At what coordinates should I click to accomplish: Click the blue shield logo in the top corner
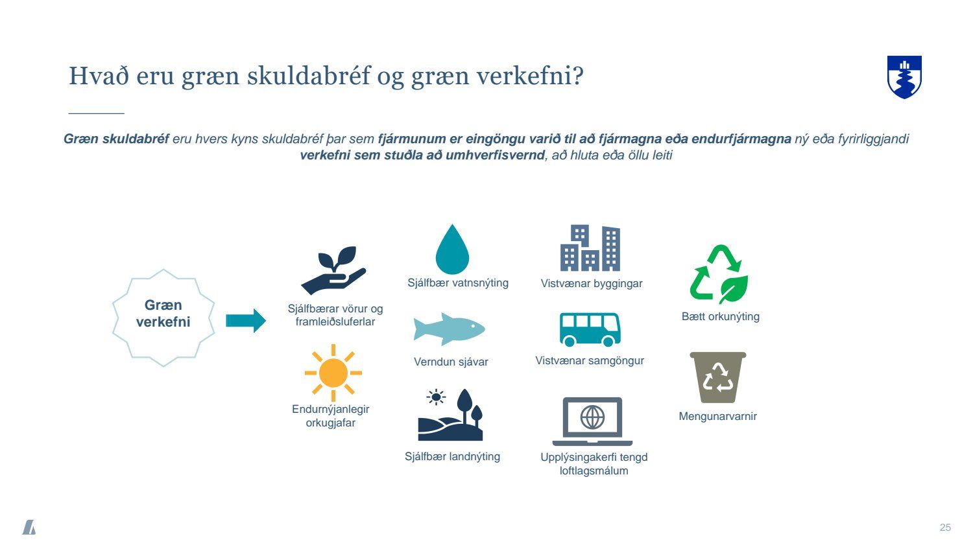click(x=904, y=77)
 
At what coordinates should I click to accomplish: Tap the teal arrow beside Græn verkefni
click(x=246, y=321)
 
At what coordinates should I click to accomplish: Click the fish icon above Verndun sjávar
click(x=449, y=329)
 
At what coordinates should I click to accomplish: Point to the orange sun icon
click(x=333, y=373)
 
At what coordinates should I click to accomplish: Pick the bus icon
click(x=590, y=329)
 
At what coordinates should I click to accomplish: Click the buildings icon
click(x=590, y=248)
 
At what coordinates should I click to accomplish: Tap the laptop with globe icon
click(x=592, y=421)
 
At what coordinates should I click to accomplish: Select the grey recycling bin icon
click(x=718, y=377)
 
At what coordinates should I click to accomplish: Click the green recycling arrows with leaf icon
click(x=719, y=274)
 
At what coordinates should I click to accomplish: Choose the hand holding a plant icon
click(x=333, y=270)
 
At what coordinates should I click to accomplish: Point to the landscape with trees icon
click(x=450, y=415)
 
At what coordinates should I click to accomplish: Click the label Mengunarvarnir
click(x=717, y=416)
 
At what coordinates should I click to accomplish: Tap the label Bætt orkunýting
click(x=720, y=316)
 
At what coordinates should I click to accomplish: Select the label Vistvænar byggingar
click(x=591, y=283)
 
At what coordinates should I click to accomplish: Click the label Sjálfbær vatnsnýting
click(x=458, y=283)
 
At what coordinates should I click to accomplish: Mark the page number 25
click(x=945, y=528)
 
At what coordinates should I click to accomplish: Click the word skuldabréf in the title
click(x=308, y=76)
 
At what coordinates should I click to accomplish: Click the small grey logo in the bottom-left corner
click(x=29, y=527)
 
